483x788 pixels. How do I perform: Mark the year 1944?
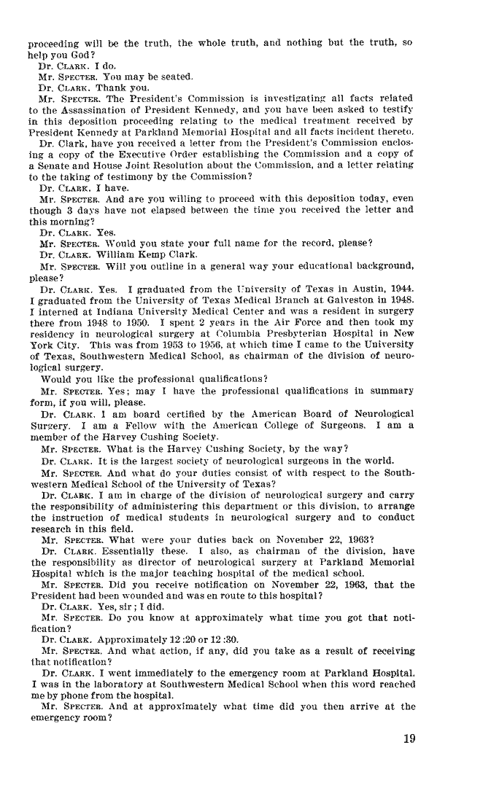[x=403, y=286]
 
